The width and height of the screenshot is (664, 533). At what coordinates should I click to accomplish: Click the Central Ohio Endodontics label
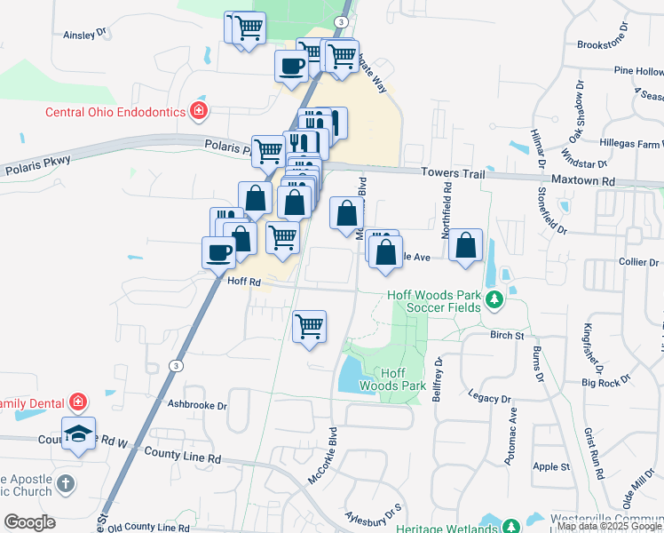[115, 112]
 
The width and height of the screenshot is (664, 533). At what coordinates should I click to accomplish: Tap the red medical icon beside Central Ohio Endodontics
[200, 111]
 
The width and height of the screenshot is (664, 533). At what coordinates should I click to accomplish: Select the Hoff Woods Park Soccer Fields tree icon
[494, 301]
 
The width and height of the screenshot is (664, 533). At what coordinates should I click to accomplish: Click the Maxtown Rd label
[583, 180]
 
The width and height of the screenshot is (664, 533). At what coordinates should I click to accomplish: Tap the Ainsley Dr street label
[85, 35]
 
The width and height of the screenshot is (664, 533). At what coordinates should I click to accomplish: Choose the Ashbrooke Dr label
[197, 405]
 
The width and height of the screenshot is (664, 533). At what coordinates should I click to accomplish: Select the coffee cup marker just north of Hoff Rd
[218, 252]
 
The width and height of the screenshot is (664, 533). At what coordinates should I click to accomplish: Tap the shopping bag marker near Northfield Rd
[466, 245]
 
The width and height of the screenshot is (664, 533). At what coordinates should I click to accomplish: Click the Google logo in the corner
[29, 522]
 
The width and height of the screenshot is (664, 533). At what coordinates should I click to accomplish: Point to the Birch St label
[508, 336]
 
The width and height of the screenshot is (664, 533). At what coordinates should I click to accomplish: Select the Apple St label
[551, 466]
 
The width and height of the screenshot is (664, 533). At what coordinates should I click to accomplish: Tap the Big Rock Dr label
[606, 382]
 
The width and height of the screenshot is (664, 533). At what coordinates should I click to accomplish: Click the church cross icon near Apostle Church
[63, 484]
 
